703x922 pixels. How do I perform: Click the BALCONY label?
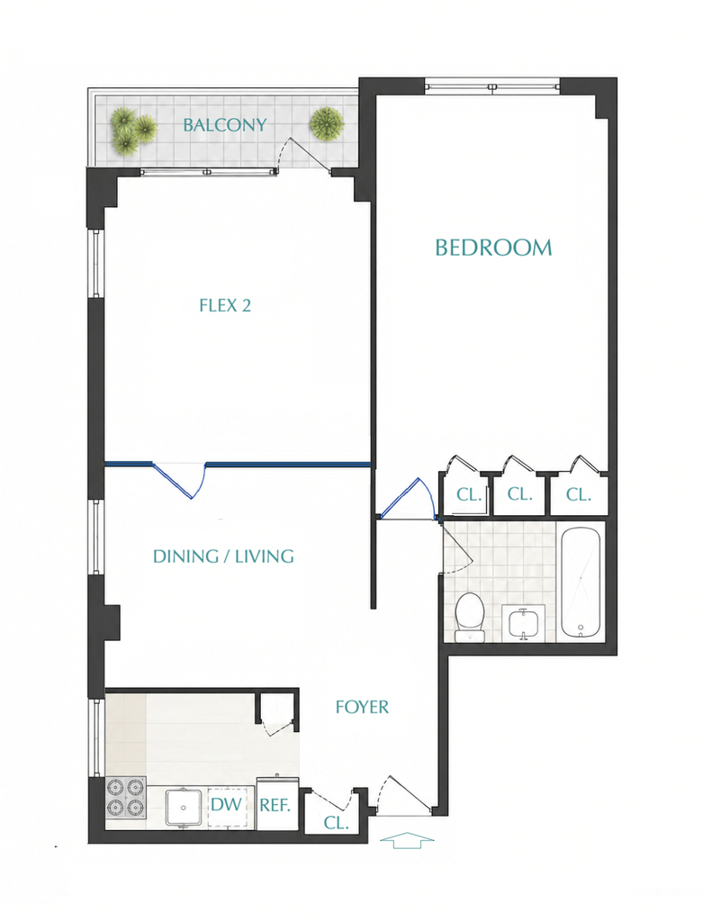[x=224, y=124]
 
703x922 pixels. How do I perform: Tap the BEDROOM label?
[x=494, y=248]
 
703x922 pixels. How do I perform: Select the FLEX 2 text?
[x=225, y=305]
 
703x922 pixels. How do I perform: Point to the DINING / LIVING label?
[x=223, y=556]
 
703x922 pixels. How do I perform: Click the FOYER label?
[x=362, y=707]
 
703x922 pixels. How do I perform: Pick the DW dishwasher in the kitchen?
[x=226, y=804]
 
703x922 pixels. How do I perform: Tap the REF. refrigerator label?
[x=275, y=805]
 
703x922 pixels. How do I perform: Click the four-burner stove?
[x=126, y=798]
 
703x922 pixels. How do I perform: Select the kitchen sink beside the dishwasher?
[x=184, y=808]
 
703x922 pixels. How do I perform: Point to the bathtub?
[x=581, y=583]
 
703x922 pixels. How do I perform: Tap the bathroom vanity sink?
[x=523, y=623]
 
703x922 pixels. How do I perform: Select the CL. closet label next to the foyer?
[x=337, y=823]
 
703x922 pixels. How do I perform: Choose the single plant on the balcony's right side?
[x=327, y=124]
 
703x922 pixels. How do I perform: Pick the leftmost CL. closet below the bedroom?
[x=468, y=494]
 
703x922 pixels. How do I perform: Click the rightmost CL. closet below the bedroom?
[x=579, y=494]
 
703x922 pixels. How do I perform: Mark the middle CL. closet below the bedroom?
[x=519, y=493]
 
